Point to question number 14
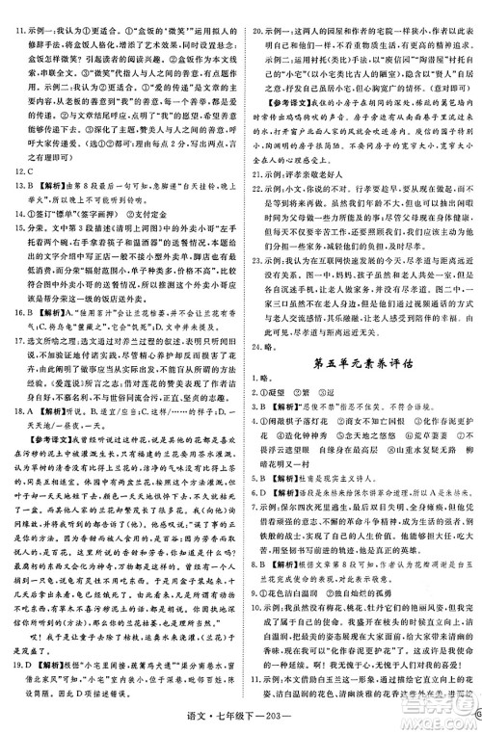(x=14, y=278)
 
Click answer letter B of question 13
(x=30, y=241)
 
